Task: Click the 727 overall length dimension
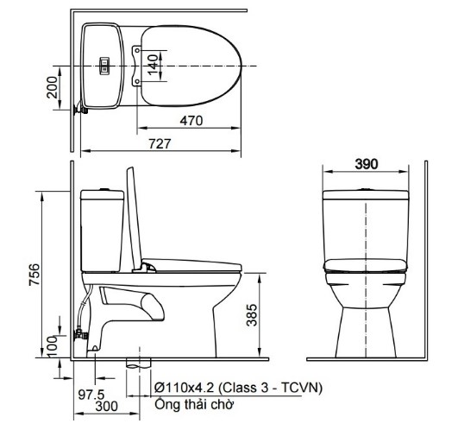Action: click(x=160, y=144)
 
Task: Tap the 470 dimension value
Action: click(x=191, y=121)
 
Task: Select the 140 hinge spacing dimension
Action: click(x=153, y=64)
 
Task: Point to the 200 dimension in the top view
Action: click(x=53, y=87)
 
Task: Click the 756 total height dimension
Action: click(x=34, y=275)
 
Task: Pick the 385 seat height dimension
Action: click(x=252, y=315)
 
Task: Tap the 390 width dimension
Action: click(x=367, y=164)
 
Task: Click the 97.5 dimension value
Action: click(x=91, y=395)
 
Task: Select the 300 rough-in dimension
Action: click(x=107, y=407)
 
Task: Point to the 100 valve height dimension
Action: click(x=53, y=346)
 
